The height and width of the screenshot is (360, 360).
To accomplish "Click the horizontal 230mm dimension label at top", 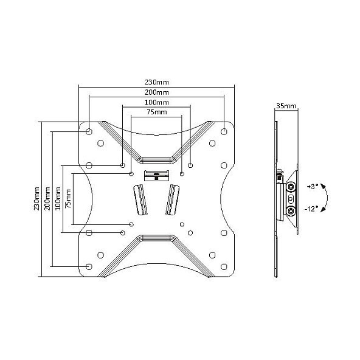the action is [x=156, y=82].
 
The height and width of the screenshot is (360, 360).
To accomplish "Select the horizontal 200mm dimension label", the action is [x=156, y=92].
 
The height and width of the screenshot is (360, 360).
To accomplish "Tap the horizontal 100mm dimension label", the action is [x=156, y=102].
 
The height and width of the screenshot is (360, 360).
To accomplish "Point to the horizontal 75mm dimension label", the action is [x=156, y=112].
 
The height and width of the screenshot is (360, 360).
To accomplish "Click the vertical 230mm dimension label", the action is [x=36, y=199].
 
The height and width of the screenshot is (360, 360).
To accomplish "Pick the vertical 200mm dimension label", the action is [x=47, y=199].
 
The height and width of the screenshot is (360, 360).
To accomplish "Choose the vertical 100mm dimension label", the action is [x=58, y=199].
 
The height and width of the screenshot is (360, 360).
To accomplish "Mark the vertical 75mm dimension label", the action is [x=68, y=199].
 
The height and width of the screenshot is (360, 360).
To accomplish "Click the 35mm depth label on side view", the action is [x=286, y=106].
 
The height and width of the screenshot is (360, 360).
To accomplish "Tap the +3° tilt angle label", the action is [x=312, y=187].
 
